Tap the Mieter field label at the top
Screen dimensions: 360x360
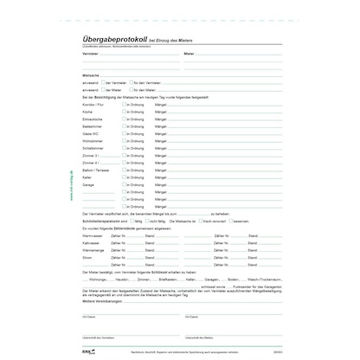click(190, 52)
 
